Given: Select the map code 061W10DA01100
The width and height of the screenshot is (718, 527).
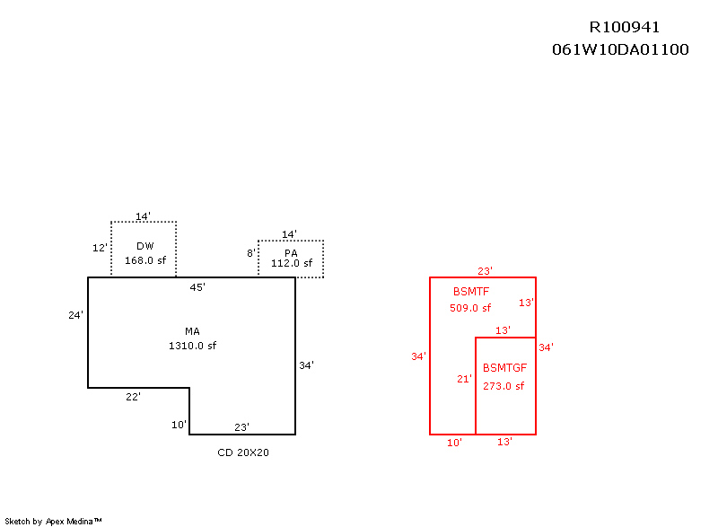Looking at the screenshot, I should (620, 49).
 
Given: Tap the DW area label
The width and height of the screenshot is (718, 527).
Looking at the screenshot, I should (145, 246).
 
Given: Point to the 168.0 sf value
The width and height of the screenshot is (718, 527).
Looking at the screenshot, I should (145, 260).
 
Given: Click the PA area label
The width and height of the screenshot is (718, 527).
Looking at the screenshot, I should (291, 253).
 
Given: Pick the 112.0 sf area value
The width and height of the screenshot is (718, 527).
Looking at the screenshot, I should (291, 264).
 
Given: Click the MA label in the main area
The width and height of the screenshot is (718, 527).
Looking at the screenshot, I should (192, 331).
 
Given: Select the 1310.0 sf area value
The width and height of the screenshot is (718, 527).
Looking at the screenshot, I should (192, 346).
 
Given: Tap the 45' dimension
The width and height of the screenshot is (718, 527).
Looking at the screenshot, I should (197, 287).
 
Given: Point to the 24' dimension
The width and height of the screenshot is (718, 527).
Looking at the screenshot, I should (75, 315).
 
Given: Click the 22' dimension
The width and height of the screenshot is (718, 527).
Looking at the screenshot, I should (133, 396).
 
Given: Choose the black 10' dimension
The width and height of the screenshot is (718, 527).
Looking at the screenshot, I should (179, 424).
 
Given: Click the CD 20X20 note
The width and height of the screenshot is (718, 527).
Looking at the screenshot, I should (243, 452).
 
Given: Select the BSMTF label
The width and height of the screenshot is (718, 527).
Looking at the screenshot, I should (471, 292).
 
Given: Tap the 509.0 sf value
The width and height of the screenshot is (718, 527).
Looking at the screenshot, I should (470, 308).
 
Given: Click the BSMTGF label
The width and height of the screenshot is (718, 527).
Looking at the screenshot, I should (504, 368).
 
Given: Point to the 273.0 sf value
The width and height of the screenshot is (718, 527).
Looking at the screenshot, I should (503, 386).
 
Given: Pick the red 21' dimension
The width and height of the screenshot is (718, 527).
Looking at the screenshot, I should (464, 379).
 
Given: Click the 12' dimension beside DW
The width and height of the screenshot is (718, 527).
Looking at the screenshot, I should (100, 248).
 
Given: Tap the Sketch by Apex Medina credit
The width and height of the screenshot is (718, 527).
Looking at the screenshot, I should (53, 521).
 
